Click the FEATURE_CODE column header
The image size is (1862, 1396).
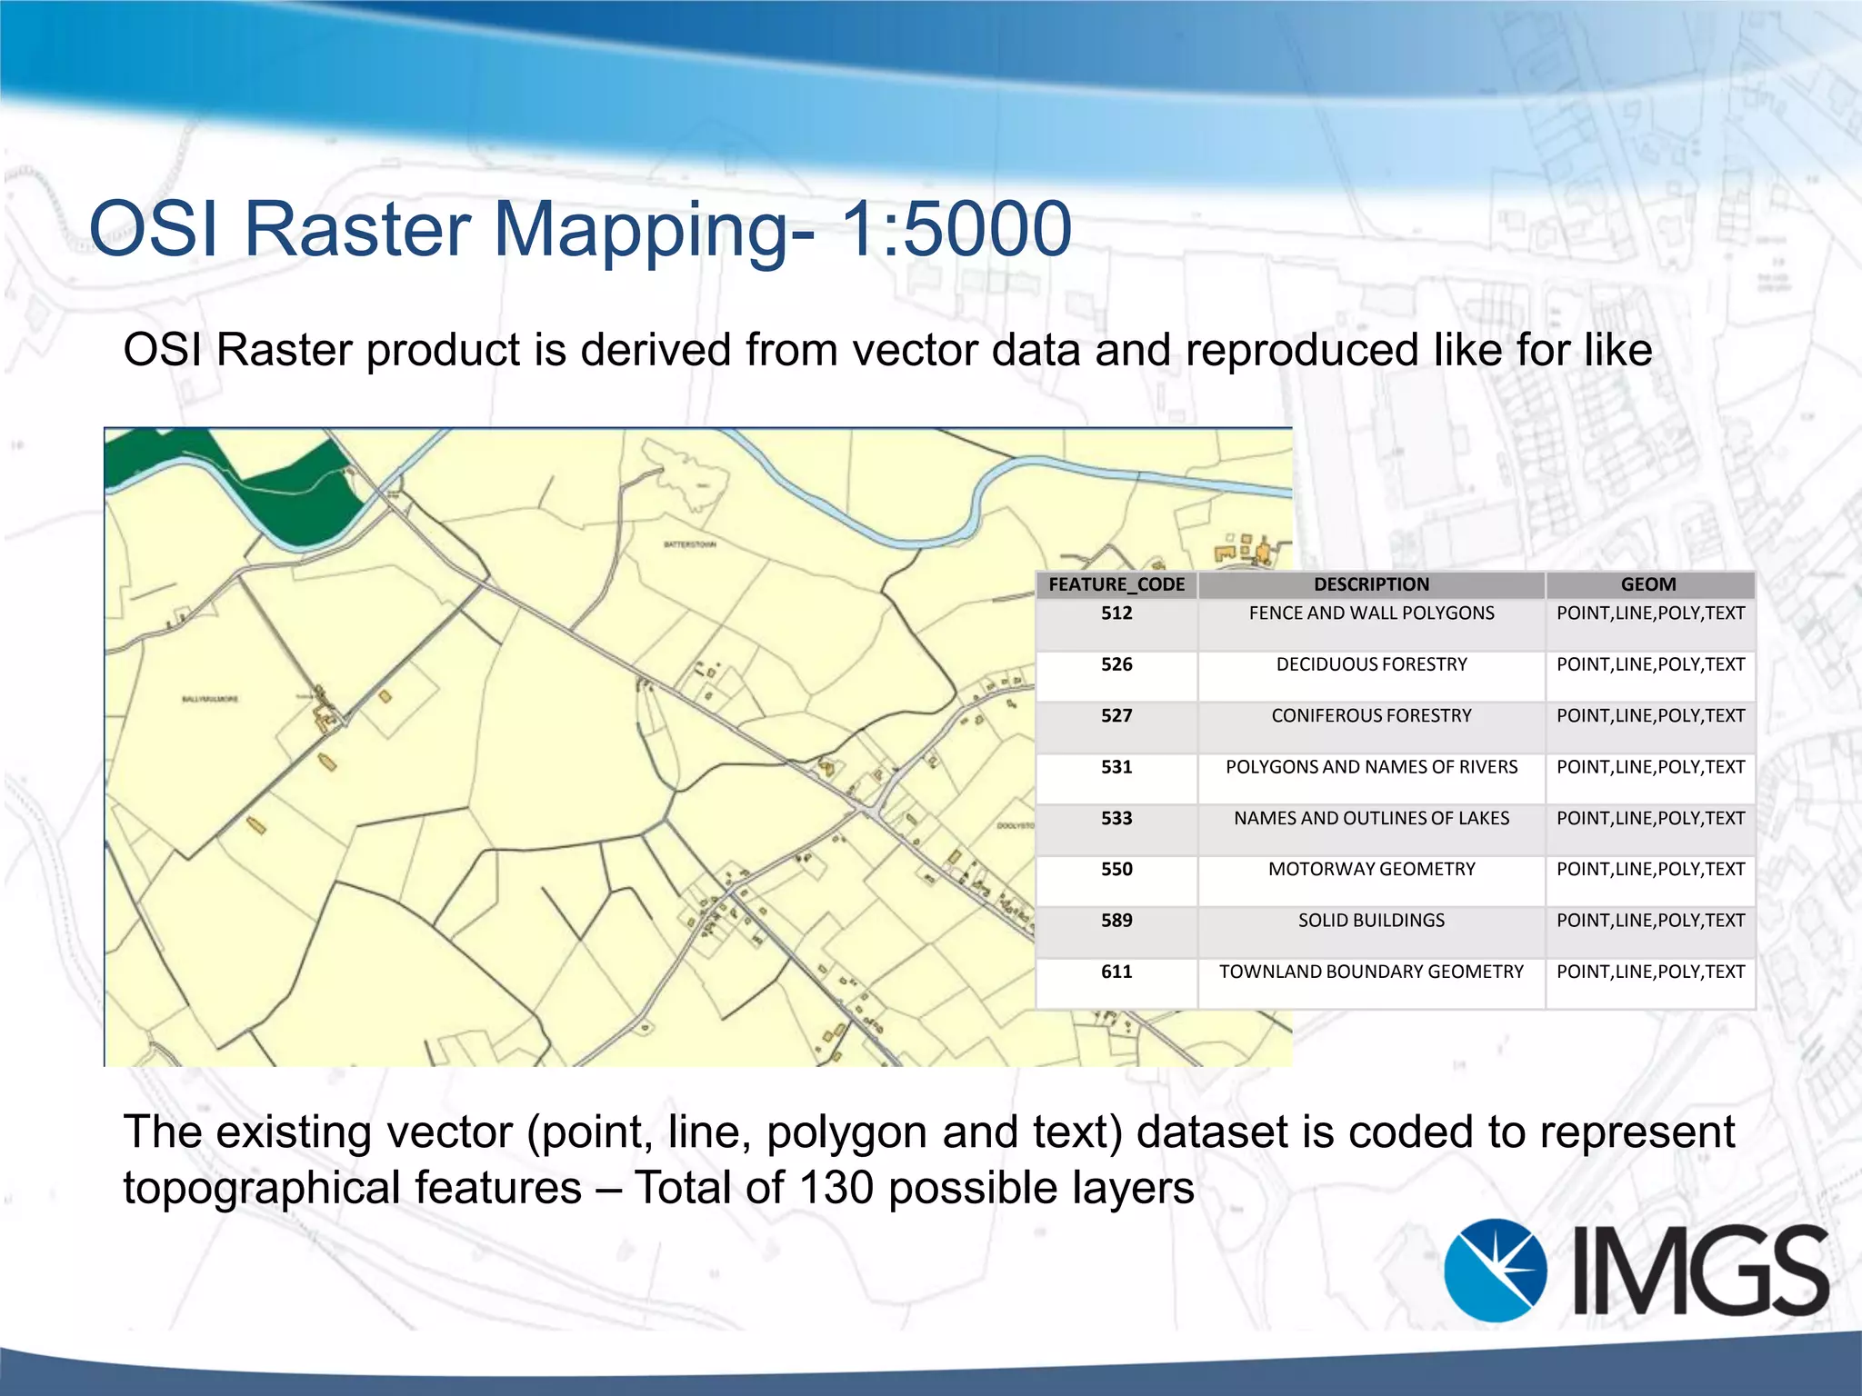(x=1116, y=584)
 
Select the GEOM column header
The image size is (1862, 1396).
(x=1648, y=584)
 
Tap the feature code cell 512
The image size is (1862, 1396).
(x=1116, y=613)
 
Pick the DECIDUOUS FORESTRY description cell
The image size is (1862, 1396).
(x=1371, y=664)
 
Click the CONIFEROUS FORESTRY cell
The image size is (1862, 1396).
(x=1371, y=716)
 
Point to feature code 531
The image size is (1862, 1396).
(x=1116, y=767)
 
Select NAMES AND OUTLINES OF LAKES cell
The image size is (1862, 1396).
(x=1371, y=818)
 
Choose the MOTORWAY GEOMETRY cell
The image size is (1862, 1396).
(x=1371, y=870)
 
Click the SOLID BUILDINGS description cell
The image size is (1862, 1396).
(x=1371, y=921)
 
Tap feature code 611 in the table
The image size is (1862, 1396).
(x=1116, y=972)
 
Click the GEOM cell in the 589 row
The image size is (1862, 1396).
(x=1650, y=921)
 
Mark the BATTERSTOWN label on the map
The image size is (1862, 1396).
(x=690, y=544)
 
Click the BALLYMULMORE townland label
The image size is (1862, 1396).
(x=210, y=699)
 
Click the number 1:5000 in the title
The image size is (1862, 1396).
(x=956, y=229)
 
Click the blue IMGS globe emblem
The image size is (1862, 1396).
(x=1496, y=1270)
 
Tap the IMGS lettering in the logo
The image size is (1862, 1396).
(x=1700, y=1270)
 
